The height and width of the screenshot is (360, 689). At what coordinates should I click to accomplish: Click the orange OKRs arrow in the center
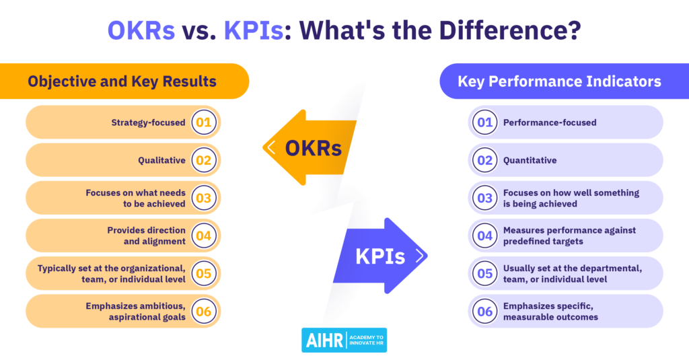(310, 147)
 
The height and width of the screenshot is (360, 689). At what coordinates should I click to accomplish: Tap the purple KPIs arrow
(380, 256)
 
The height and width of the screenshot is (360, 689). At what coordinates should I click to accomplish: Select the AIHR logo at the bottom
(344, 340)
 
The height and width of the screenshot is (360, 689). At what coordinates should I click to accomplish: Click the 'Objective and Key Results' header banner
(124, 81)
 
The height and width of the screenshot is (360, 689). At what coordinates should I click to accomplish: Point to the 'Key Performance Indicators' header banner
(565, 81)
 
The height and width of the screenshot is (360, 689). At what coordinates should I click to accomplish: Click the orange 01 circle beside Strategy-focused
(204, 122)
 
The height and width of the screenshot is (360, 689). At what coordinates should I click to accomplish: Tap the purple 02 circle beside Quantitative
(484, 160)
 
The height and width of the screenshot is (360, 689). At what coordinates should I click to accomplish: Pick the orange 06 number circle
(204, 311)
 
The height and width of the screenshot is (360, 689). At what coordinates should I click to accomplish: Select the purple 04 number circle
(484, 236)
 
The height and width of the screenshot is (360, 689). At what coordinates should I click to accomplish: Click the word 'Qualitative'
(161, 160)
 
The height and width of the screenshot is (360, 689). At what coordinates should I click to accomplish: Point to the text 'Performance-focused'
(550, 122)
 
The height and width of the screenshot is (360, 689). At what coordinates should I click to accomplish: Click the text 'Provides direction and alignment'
(146, 236)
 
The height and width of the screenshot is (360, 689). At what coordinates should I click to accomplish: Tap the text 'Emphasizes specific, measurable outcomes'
(550, 311)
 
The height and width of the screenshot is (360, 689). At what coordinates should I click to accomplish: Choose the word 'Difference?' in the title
(510, 30)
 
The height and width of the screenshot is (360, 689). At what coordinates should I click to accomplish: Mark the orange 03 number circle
(204, 198)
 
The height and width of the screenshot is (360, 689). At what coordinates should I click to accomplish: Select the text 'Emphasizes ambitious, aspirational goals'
(135, 311)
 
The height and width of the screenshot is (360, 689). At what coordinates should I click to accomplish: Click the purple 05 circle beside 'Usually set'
(484, 273)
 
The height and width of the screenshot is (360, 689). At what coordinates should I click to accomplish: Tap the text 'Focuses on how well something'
(571, 192)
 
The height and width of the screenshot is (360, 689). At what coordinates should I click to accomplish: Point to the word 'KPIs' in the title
(254, 31)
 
